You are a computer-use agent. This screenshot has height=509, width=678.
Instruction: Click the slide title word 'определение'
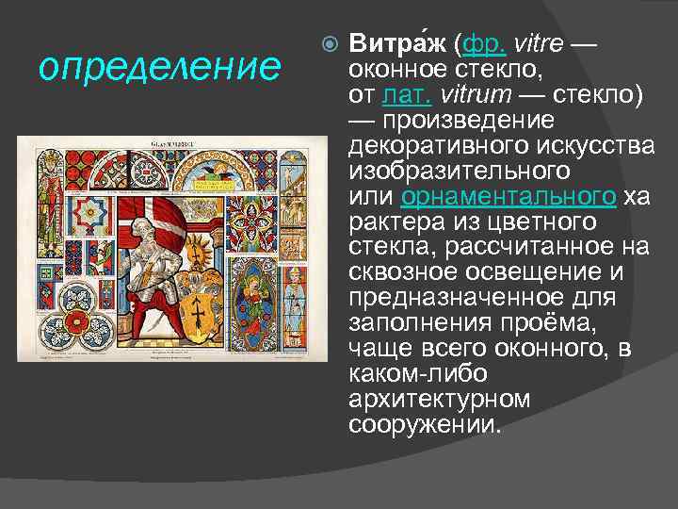(160, 68)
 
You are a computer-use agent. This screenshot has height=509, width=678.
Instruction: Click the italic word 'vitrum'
(486, 95)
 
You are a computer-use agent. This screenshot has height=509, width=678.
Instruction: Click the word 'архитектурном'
(440, 400)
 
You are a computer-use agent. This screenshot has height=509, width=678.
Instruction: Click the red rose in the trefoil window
(89, 319)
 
